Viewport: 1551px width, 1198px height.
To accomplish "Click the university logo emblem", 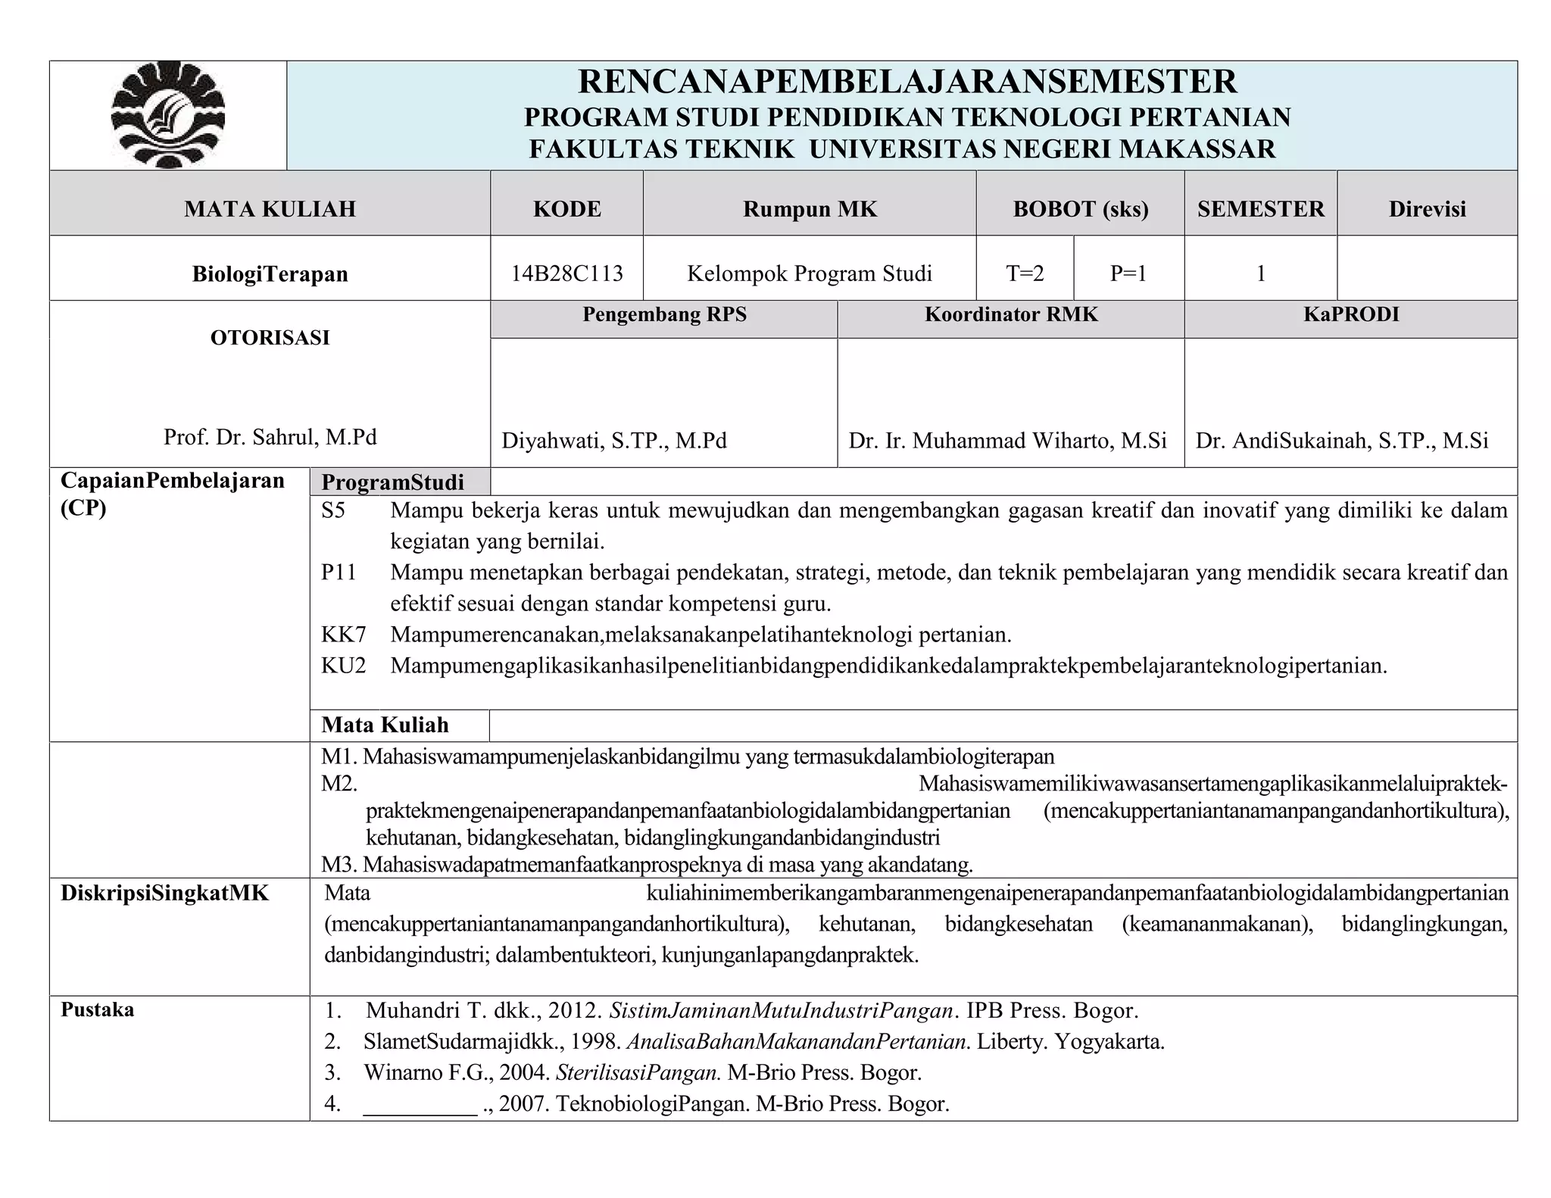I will (x=168, y=115).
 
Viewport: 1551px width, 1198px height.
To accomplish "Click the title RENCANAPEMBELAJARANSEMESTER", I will (x=907, y=82).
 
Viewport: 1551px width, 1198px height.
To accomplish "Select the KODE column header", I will (x=566, y=209).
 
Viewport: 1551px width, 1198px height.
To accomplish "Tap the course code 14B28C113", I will (x=566, y=273).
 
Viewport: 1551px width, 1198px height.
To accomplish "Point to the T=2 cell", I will (x=1025, y=273).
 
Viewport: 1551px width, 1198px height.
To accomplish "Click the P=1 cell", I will (x=1128, y=273).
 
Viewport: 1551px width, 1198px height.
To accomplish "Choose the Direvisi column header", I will (x=1427, y=209).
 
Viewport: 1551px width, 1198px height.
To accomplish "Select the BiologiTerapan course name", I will (x=270, y=273).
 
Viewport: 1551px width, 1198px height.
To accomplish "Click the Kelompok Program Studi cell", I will (x=809, y=273).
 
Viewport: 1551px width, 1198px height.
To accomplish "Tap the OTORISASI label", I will (x=270, y=338).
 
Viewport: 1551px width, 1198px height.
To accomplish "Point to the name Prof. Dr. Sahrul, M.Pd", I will (x=270, y=437).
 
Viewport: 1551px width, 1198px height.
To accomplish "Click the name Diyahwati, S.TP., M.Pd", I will (x=614, y=441).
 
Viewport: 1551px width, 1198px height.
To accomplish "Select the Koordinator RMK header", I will (x=1010, y=314).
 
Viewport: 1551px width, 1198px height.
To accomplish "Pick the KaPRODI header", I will (x=1350, y=314).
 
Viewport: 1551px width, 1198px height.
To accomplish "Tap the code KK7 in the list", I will (x=343, y=635).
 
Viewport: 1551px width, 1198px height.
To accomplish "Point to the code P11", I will (x=339, y=572).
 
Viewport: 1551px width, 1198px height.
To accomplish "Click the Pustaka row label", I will (x=98, y=1010).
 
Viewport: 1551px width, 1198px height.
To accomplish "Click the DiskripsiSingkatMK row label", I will (x=164, y=894).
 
